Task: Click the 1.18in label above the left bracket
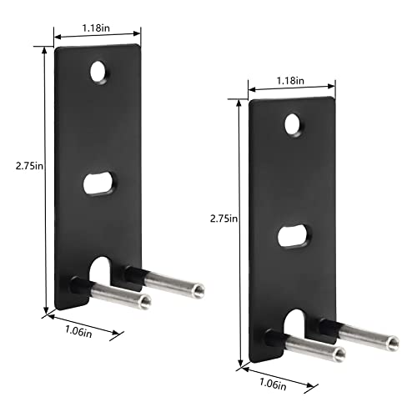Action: pos(96,28)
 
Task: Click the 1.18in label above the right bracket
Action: pos(290,81)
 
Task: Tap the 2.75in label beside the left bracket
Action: pos(29,166)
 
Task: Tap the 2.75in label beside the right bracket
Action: pos(224,219)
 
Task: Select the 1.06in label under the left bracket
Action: pos(78,331)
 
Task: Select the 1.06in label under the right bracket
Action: pos(273,384)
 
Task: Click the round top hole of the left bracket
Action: pos(99,73)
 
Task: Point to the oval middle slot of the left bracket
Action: pos(98,183)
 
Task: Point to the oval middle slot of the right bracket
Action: pos(294,236)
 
